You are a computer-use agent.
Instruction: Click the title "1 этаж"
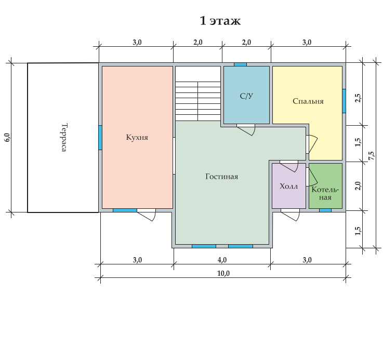click(x=220, y=21)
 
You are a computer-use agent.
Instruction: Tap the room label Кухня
click(x=137, y=137)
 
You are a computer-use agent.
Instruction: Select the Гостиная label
click(x=221, y=176)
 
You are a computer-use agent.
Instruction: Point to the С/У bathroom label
click(x=246, y=96)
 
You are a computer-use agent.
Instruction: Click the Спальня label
click(x=308, y=101)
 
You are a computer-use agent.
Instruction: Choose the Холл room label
click(x=289, y=186)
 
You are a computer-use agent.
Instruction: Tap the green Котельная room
click(x=325, y=186)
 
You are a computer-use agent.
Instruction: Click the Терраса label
click(x=64, y=137)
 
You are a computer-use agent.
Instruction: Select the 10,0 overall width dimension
click(x=223, y=274)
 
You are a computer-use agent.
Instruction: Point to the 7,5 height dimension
click(x=371, y=156)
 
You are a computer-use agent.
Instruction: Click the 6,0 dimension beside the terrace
click(x=8, y=137)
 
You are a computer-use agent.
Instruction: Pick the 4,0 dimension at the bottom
click(x=222, y=260)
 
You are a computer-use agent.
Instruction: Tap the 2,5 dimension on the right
click(x=358, y=98)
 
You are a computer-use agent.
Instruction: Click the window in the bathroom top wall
click(x=241, y=64)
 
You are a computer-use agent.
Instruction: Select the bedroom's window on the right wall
click(x=344, y=101)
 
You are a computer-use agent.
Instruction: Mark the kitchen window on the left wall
click(x=100, y=138)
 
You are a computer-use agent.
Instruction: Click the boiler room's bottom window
click(x=325, y=210)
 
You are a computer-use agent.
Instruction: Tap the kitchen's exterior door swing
click(x=147, y=215)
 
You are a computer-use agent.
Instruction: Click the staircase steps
click(x=198, y=101)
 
